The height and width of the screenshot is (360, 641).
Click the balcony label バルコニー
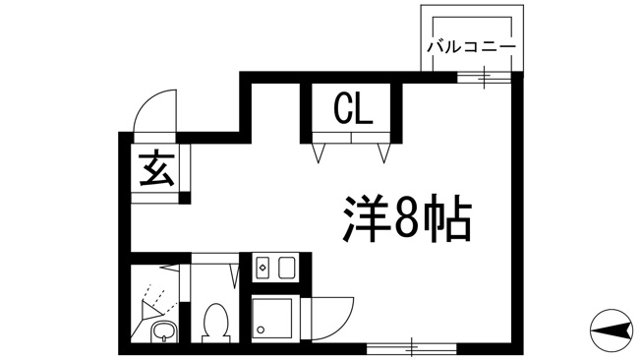click(x=471, y=47)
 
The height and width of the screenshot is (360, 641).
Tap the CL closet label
click(x=353, y=109)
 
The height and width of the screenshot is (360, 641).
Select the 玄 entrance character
click(x=156, y=168)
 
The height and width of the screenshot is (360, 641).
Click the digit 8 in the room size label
click(x=406, y=218)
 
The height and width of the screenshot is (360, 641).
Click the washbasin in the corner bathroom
click(x=164, y=331)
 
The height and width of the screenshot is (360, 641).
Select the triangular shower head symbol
click(x=150, y=310)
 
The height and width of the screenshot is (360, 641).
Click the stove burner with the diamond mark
click(x=262, y=268)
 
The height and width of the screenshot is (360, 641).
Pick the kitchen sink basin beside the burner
click(x=287, y=268)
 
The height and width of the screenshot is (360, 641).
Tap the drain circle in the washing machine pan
click(x=262, y=330)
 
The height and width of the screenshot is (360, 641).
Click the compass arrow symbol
click(x=611, y=330)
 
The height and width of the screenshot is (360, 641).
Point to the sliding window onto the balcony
click(x=484, y=77)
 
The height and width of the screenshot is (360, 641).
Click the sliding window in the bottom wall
click(x=411, y=348)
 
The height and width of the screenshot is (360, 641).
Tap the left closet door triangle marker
click(x=319, y=153)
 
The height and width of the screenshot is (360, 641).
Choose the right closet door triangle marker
click(x=383, y=153)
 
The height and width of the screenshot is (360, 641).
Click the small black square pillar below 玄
click(x=185, y=198)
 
